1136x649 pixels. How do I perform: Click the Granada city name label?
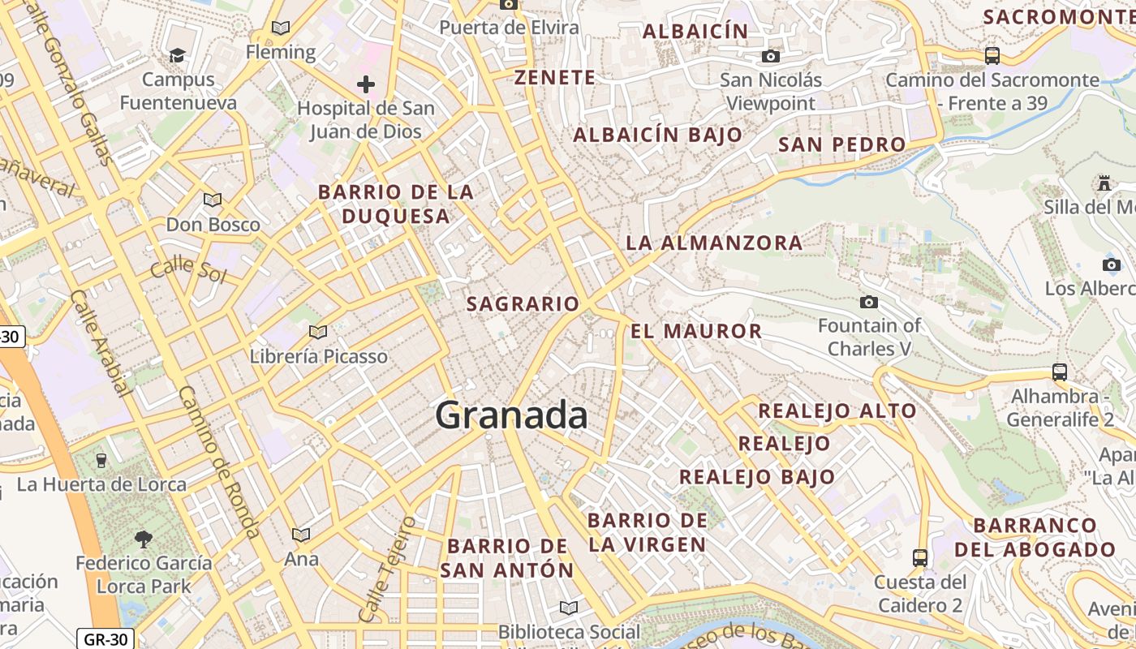click(511, 415)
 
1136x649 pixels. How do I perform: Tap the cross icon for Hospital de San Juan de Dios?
click(366, 84)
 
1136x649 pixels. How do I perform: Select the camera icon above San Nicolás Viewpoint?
click(770, 56)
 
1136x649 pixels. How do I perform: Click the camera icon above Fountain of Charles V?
click(869, 303)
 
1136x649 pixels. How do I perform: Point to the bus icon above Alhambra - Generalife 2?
click(1060, 372)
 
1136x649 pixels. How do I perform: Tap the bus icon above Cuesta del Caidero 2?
click(920, 558)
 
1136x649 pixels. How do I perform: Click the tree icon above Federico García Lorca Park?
click(143, 539)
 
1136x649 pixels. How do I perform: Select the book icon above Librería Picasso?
click(318, 332)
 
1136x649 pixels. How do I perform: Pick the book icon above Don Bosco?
click(213, 200)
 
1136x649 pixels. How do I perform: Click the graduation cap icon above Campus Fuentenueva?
click(177, 55)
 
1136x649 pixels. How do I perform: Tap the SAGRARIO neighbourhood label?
click(523, 304)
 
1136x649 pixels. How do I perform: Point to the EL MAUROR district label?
click(696, 331)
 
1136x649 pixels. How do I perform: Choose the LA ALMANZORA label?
click(714, 243)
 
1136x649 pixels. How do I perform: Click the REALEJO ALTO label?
click(837, 410)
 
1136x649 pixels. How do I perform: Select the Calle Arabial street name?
click(101, 343)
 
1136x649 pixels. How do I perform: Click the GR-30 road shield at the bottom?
click(105, 638)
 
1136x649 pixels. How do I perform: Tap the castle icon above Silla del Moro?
click(1104, 183)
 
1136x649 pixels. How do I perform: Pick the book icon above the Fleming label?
click(281, 28)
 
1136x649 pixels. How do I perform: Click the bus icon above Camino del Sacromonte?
click(992, 56)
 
